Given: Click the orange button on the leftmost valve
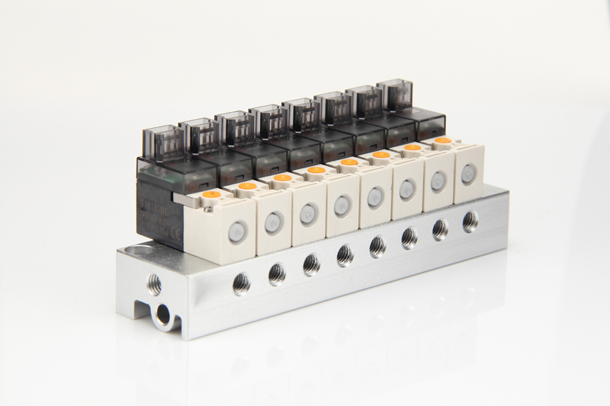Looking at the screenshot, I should pos(210,195).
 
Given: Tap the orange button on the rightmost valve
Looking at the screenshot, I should pos(442,140).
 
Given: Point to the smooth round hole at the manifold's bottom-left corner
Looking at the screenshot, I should pos(162,313).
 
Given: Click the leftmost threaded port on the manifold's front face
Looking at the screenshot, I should pos(241,283).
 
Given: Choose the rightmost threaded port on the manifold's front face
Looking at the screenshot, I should pos(470,222).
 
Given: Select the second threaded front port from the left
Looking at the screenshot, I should pos(277,273).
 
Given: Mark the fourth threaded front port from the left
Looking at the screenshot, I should pos(345,254).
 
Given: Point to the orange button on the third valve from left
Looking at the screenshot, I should pos(282,177).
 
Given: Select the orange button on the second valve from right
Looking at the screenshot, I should pos(413,147).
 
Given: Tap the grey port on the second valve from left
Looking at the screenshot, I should pos(272,221).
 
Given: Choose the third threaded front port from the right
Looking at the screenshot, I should pos(409,238).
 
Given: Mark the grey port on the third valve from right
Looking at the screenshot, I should pos(407,188).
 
